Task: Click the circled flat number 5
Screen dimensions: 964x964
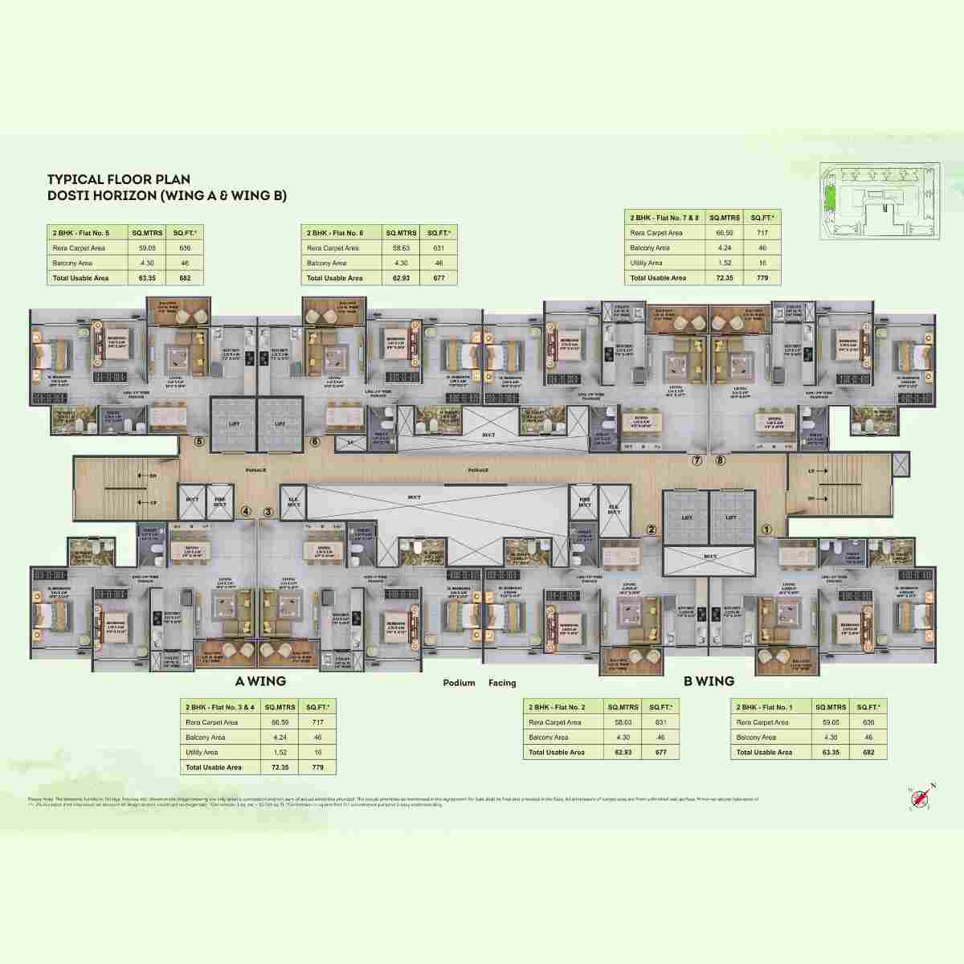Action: (x=200, y=441)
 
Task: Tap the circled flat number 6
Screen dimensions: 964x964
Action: (x=315, y=441)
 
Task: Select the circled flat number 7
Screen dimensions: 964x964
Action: (x=697, y=461)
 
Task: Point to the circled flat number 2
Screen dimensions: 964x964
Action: (x=652, y=529)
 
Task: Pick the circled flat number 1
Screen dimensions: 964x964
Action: (x=767, y=529)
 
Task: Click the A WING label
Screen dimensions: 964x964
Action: (x=260, y=681)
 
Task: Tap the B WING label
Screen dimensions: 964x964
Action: (x=709, y=681)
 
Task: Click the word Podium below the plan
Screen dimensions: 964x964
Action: (x=459, y=683)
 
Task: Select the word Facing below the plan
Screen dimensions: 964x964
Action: (x=501, y=683)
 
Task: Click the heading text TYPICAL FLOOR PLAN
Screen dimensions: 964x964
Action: (x=118, y=180)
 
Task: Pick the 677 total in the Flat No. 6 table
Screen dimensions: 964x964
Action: (x=439, y=278)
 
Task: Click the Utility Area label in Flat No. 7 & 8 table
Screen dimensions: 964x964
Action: (x=646, y=263)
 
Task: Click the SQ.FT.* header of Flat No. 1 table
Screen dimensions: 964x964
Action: (x=868, y=707)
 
